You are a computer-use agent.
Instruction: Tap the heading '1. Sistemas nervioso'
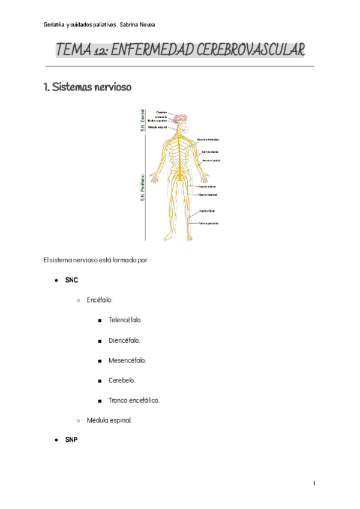click(x=87, y=87)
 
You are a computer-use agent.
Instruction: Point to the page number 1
click(x=314, y=484)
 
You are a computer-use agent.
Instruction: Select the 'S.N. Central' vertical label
click(x=142, y=119)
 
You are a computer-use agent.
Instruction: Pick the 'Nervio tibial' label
click(x=207, y=211)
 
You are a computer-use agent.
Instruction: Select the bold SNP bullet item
click(x=71, y=440)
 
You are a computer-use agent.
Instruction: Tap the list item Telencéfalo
click(x=125, y=320)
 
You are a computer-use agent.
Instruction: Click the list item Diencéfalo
click(x=124, y=340)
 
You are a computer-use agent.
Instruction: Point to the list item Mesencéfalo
click(x=127, y=360)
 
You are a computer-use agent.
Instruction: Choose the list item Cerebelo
click(x=122, y=380)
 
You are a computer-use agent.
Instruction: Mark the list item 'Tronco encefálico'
click(x=134, y=400)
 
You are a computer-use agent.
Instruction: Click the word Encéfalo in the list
click(x=100, y=300)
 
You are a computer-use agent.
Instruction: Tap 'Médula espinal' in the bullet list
click(x=109, y=420)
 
